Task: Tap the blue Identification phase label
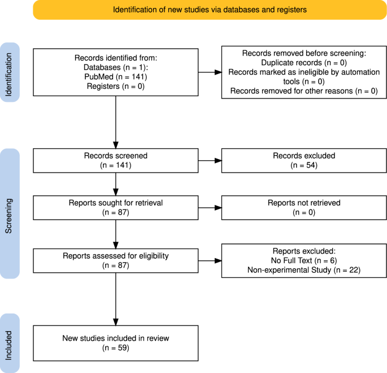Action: pos(10,72)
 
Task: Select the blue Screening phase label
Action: pos(10,214)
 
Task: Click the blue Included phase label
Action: pos(10,342)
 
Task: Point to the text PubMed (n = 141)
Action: pos(116,76)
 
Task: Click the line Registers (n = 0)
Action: pos(116,86)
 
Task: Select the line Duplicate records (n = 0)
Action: pos(299,62)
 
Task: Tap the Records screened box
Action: pos(116,160)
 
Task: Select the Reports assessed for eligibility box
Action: pos(116,259)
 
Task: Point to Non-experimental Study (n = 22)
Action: pos(304,271)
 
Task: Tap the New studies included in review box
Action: pos(116,343)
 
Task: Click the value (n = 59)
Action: pos(116,348)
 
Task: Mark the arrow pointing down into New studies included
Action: pos(116,300)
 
